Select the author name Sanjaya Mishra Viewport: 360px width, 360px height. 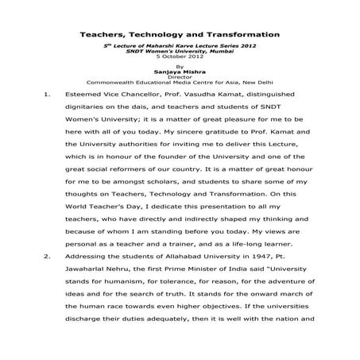(180, 71)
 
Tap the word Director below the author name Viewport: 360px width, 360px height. (180, 76)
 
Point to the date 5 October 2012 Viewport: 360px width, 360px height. (180, 58)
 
